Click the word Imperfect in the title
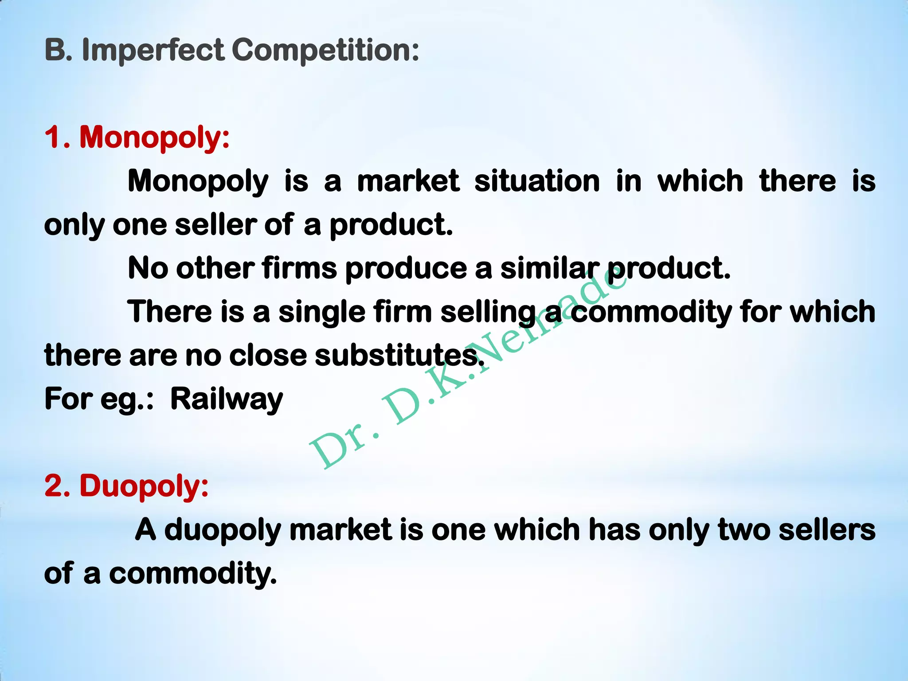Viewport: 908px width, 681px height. click(x=153, y=50)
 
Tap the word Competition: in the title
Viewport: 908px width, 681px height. click(x=325, y=50)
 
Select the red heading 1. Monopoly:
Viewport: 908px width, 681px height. click(x=137, y=137)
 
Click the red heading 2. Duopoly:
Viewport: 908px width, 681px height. click(x=127, y=486)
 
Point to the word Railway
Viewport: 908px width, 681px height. click(x=227, y=399)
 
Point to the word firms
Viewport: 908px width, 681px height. click(x=299, y=268)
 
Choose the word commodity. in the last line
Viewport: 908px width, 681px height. click(x=193, y=573)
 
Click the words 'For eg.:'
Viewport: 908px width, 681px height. click(x=99, y=399)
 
